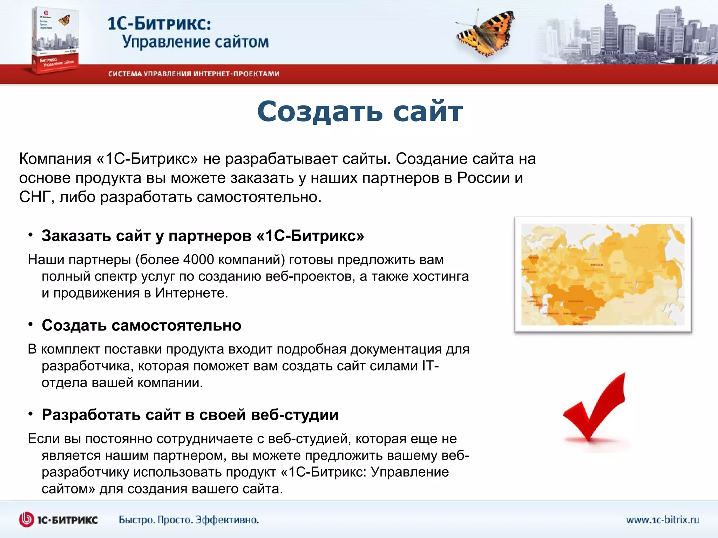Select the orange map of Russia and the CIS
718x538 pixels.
click(603, 275)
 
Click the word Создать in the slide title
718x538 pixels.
click(319, 111)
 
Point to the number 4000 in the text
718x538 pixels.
click(198, 260)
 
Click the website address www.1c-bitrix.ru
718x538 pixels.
click(662, 519)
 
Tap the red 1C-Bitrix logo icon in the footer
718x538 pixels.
click(26, 519)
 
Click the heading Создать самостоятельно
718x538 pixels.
click(141, 325)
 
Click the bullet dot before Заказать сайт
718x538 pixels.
click(31, 235)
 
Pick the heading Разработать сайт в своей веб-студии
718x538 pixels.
click(190, 415)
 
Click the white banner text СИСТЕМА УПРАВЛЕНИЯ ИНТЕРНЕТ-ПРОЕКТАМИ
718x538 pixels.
click(194, 74)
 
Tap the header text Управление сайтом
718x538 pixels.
click(195, 42)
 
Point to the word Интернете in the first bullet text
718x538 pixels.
click(191, 293)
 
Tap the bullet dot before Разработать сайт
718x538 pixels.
click(31, 414)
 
